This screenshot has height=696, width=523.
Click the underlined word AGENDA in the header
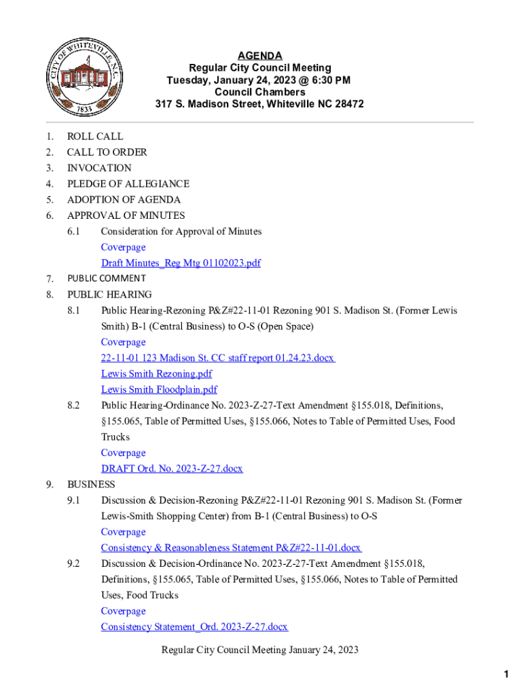[x=260, y=56]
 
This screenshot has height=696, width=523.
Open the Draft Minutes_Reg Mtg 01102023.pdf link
[x=181, y=263]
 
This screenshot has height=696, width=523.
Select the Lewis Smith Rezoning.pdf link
[x=156, y=374]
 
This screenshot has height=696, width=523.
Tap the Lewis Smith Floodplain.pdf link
[x=159, y=389]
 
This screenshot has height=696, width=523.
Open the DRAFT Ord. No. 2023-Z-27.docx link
[x=172, y=468]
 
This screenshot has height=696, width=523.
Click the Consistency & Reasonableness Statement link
[x=231, y=548]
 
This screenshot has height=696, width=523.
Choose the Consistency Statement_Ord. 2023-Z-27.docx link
[x=194, y=627]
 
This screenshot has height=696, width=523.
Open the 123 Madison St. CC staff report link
[x=218, y=358]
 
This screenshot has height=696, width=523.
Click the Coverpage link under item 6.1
[x=123, y=247]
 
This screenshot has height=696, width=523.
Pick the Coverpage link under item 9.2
[x=123, y=611]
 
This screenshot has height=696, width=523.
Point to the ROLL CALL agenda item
[x=95, y=137]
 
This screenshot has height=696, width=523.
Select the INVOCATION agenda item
[x=99, y=168]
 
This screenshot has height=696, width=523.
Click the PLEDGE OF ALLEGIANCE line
[x=128, y=184]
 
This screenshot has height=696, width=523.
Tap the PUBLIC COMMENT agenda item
[x=106, y=278]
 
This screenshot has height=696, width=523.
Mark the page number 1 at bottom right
[x=506, y=674]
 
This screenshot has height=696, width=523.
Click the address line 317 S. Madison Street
[x=259, y=105]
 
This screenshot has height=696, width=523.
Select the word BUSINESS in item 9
[x=91, y=485]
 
